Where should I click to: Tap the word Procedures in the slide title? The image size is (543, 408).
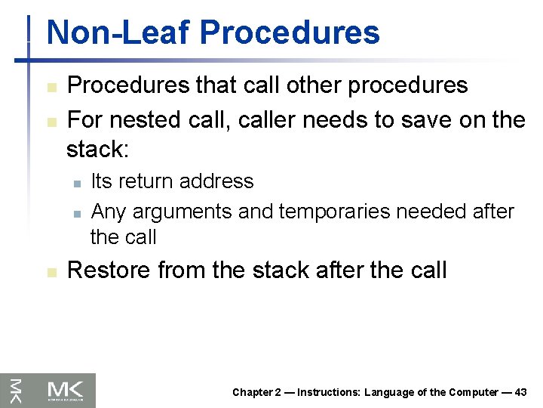pos(290,32)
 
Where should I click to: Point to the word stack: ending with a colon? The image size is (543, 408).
pos(98,149)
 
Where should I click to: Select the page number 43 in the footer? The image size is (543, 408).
pos(520,392)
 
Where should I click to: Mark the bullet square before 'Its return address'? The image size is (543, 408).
pos(76,183)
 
